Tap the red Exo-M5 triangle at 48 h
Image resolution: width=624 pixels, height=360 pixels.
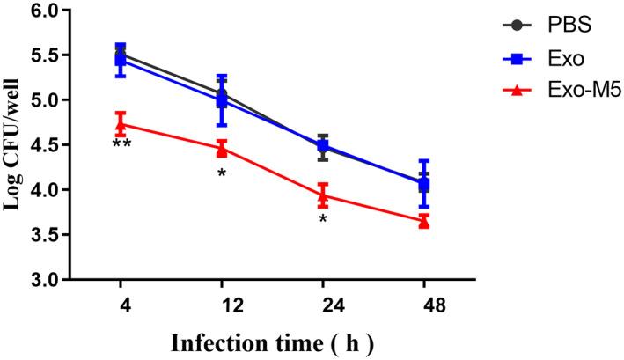tap(424, 222)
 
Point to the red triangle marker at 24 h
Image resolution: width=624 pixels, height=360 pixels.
tap(323, 195)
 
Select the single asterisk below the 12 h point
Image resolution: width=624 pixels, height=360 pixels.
tap(222, 173)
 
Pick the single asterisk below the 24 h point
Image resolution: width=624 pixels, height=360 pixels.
tap(323, 218)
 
